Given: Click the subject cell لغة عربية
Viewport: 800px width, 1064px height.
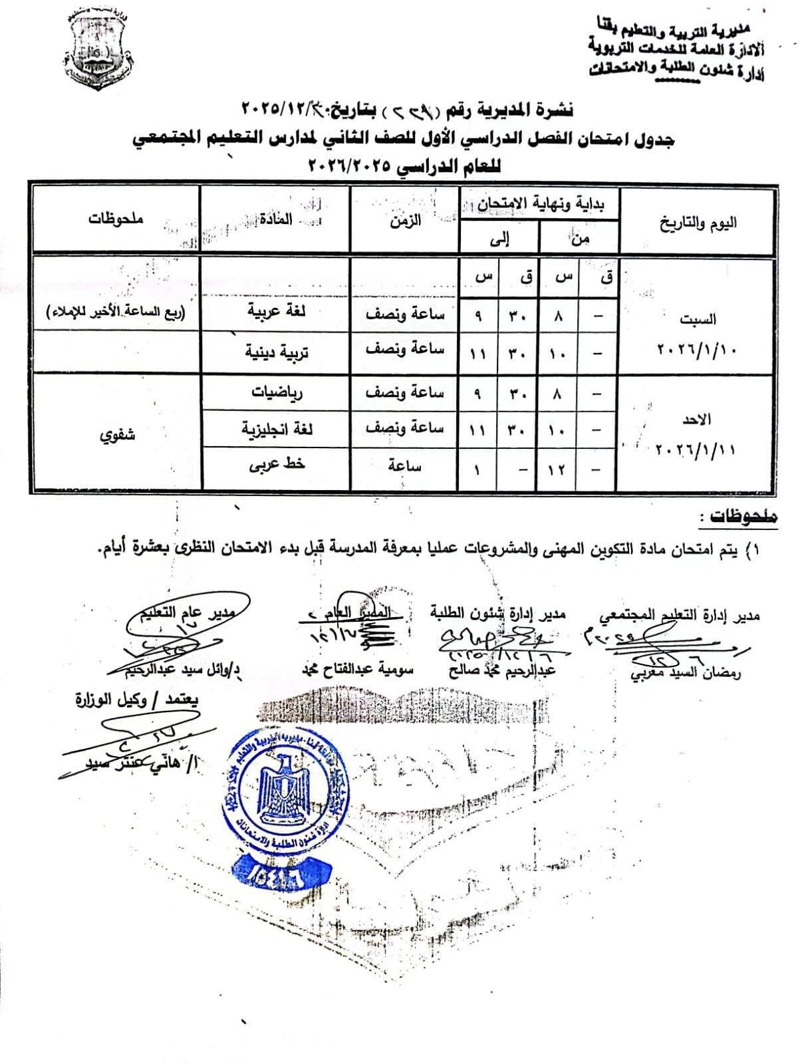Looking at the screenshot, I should [x=276, y=312].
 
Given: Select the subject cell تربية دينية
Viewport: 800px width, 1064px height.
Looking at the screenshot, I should [x=276, y=352].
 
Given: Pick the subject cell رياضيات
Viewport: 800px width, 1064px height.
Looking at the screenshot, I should [x=276, y=392].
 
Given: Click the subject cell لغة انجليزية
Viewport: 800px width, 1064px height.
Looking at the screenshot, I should [x=276, y=429].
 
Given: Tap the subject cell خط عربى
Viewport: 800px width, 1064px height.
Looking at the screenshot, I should [x=276, y=465].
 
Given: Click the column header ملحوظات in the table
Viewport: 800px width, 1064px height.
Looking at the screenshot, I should [x=116, y=219].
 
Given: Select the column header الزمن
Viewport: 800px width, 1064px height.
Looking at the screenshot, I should [x=405, y=220].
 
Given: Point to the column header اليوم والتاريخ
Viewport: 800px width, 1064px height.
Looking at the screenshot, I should [x=698, y=223].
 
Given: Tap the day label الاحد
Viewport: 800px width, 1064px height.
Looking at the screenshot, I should [x=696, y=419].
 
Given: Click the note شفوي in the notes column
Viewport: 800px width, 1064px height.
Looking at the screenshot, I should [x=117, y=436].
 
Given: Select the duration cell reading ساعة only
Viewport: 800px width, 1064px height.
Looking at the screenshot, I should [x=404, y=465].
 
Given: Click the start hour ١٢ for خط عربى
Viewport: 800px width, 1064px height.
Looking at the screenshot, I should [x=557, y=469].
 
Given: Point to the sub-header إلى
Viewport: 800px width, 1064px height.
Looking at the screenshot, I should [x=499, y=239].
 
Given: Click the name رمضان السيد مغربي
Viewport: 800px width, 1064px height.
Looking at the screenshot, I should [x=686, y=672].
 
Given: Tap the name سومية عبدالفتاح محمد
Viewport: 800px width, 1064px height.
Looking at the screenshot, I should [x=362, y=669].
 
